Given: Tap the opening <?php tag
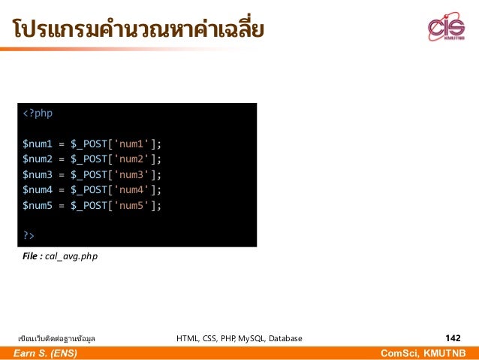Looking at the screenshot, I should coord(38,113).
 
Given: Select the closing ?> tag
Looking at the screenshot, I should coord(29,236).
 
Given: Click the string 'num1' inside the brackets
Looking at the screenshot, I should coord(131,144).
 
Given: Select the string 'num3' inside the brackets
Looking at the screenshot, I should coord(131,174).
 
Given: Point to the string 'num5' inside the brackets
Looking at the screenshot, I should coord(131,205).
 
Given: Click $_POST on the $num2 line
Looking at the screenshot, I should coord(88,159).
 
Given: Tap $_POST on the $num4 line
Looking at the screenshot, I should coord(88,189).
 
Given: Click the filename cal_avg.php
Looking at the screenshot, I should coord(71,257).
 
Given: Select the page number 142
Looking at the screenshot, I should coord(453,338).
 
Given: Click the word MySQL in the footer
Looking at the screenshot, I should coord(250,339).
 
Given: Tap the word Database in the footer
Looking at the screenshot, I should coord(284,339).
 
